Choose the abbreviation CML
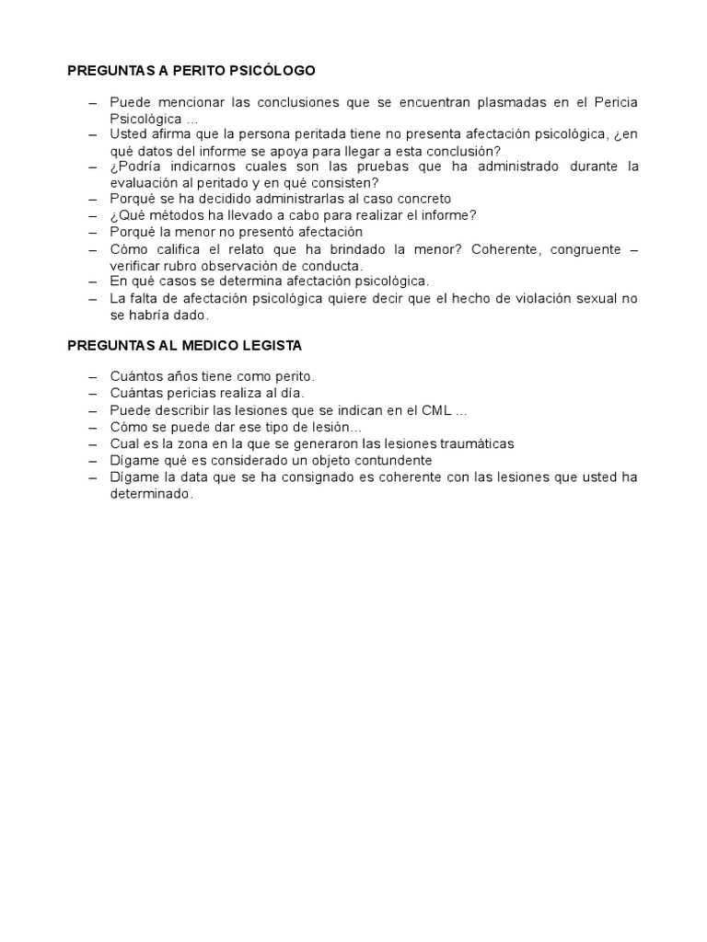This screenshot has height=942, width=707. [426, 409]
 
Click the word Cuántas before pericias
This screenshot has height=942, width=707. [138, 393]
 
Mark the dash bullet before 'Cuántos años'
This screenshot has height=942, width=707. [92, 376]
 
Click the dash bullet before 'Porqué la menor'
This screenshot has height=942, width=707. [92, 232]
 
